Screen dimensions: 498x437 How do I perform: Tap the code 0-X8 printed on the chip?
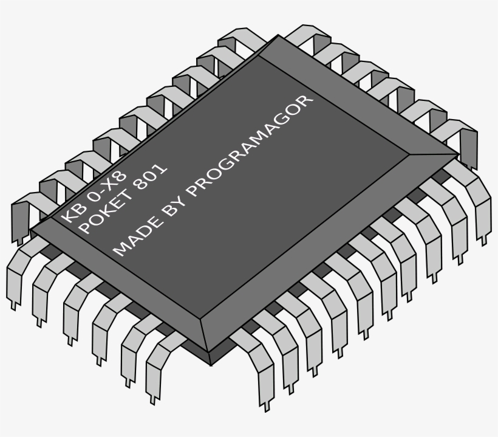coord(107,187)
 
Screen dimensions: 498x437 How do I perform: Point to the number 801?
coord(150,177)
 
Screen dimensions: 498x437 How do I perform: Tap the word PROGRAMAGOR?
coord(250,146)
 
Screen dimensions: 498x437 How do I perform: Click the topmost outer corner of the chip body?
coord(278,35)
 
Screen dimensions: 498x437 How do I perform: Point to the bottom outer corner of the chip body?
coord(211,365)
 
